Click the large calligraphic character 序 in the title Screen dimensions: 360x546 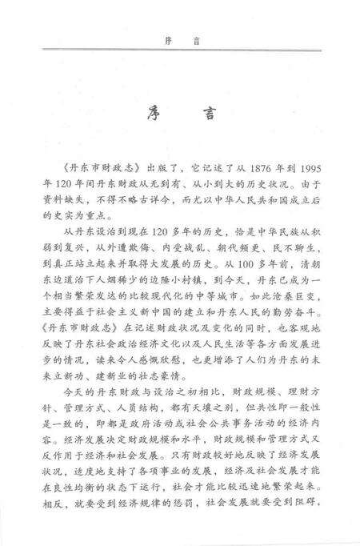(x=150, y=111)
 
